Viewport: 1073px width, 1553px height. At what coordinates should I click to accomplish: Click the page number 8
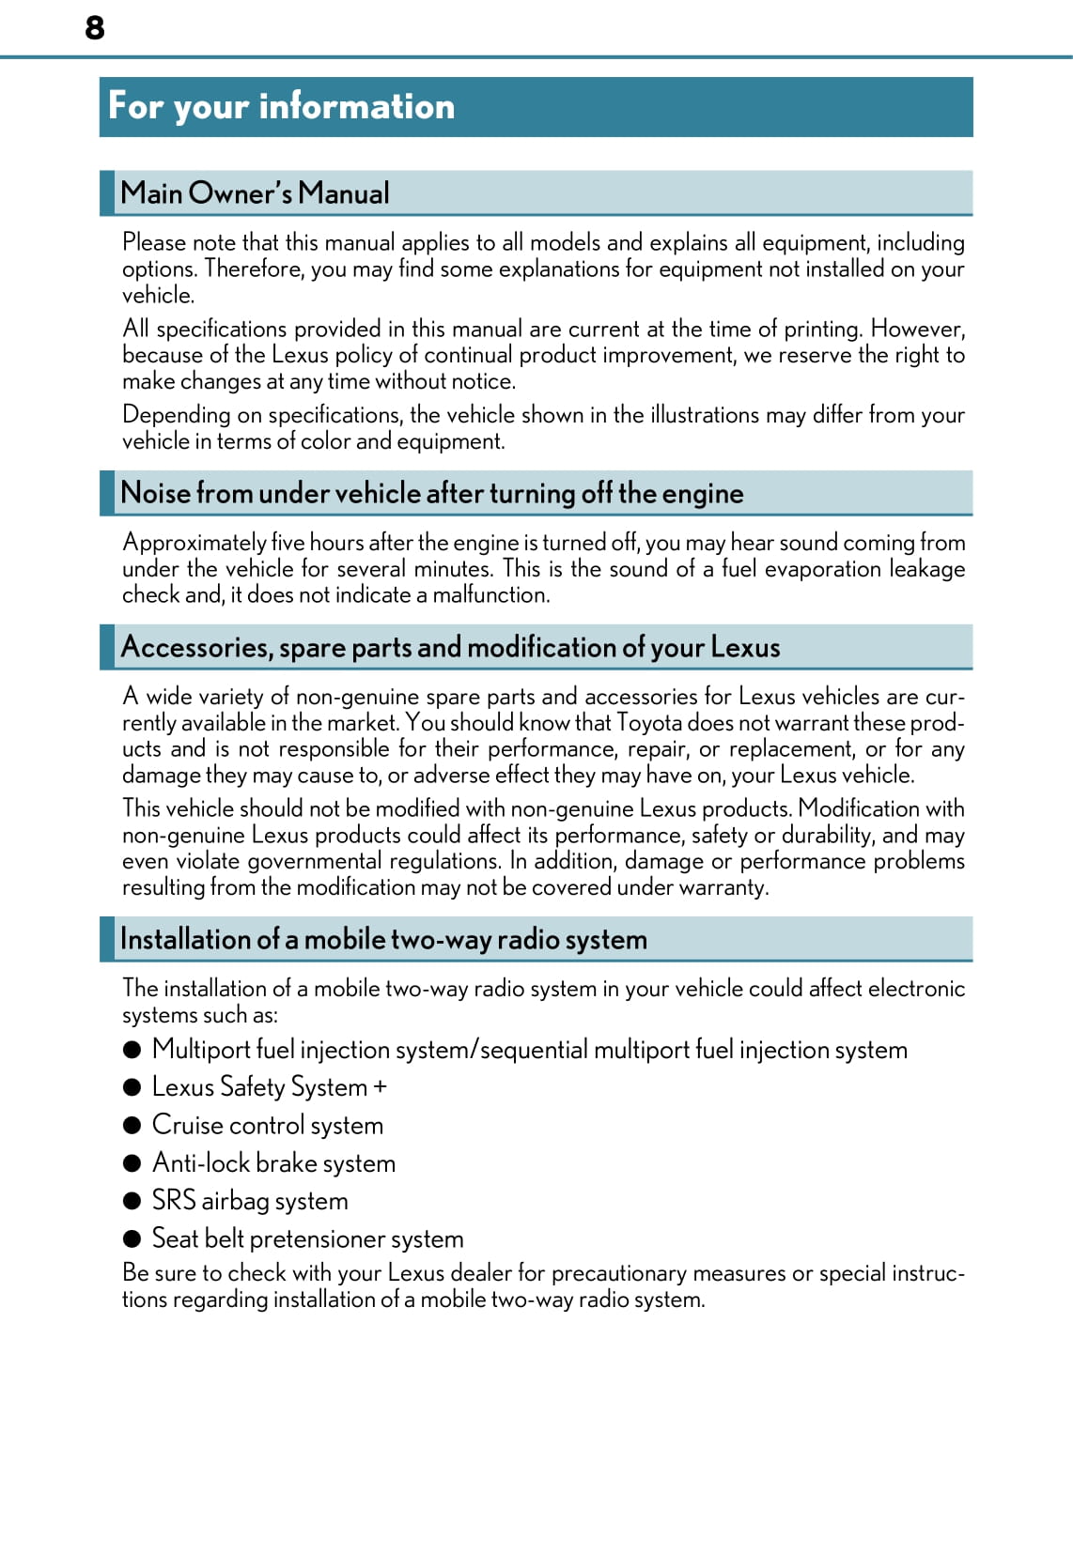pyautogui.click(x=95, y=27)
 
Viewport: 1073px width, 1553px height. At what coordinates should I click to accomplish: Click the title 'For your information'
pyautogui.click(x=281, y=106)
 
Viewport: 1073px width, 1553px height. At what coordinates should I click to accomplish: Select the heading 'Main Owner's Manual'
pyautogui.click(x=255, y=193)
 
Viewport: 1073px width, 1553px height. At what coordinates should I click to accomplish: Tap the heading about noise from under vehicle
pyautogui.click(x=431, y=493)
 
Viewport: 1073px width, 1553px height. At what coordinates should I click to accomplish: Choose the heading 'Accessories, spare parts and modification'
pyautogui.click(x=450, y=647)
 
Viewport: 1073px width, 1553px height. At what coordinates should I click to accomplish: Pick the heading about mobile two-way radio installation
pyautogui.click(x=383, y=939)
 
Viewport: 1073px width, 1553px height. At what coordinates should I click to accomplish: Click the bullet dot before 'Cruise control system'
pyautogui.click(x=132, y=1125)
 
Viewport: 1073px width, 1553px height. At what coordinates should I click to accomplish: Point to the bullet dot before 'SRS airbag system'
pyautogui.click(x=132, y=1201)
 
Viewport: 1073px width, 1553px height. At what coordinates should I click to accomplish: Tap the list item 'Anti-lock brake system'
pyautogui.click(x=273, y=1163)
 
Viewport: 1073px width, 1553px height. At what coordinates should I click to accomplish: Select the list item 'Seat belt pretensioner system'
pyautogui.click(x=307, y=1238)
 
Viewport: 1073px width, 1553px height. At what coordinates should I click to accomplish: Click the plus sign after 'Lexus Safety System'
pyautogui.click(x=380, y=1087)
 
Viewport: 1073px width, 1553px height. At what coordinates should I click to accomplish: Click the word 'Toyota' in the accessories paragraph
pyautogui.click(x=649, y=723)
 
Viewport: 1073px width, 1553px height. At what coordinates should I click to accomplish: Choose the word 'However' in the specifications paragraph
pyautogui.click(x=916, y=329)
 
